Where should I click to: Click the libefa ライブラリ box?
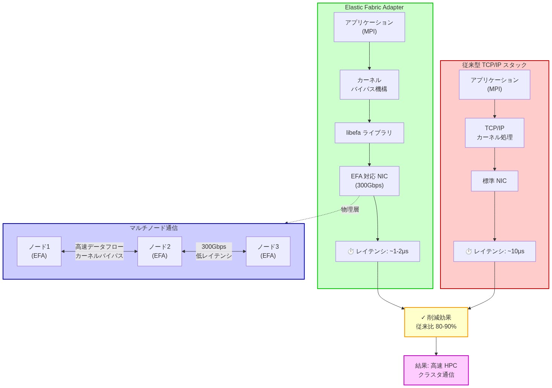click(x=369, y=133)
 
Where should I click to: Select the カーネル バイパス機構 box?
click(x=369, y=85)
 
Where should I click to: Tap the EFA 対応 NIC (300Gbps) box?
click(x=369, y=181)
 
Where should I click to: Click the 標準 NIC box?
click(x=494, y=181)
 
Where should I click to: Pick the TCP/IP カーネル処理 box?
click(x=494, y=133)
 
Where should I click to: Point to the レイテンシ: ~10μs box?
click(x=494, y=251)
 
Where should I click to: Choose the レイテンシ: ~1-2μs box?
click(x=378, y=251)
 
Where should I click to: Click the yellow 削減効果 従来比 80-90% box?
click(x=436, y=322)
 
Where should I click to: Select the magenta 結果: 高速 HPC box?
click(x=436, y=370)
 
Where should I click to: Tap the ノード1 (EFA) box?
click(x=39, y=251)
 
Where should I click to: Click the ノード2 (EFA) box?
click(x=160, y=251)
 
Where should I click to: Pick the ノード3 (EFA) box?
click(x=268, y=251)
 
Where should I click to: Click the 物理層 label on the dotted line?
click(x=350, y=210)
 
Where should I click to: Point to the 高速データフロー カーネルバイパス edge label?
click(x=99, y=251)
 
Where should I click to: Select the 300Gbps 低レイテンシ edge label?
click(x=214, y=251)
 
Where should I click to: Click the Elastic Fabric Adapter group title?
click(x=374, y=8)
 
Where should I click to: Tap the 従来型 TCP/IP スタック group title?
click(x=494, y=65)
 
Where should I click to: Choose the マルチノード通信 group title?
click(x=154, y=228)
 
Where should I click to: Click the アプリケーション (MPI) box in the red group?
click(x=494, y=85)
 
